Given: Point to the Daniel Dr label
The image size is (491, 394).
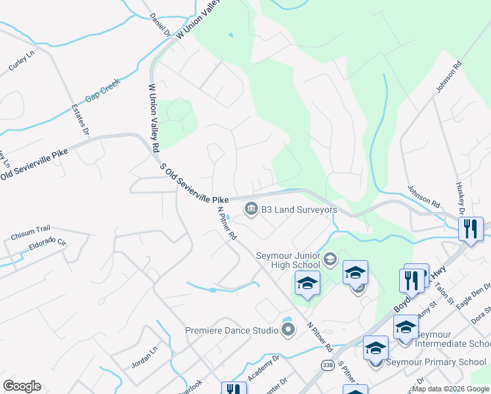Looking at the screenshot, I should click(x=160, y=24).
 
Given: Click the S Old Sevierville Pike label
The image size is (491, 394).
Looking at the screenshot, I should click(x=194, y=183).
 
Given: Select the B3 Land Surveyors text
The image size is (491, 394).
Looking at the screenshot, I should click(x=299, y=210).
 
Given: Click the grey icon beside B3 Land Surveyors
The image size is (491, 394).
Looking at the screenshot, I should click(x=251, y=209).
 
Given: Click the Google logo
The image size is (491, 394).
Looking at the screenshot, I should click(x=22, y=386).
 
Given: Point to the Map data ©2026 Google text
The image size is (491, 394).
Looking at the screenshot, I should click(x=450, y=389).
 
